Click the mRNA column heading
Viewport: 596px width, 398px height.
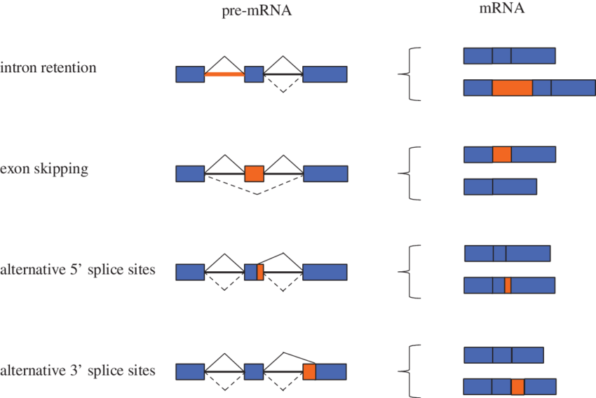click(502, 9)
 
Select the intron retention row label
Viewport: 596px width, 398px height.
click(48, 69)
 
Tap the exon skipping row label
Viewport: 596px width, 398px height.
click(44, 169)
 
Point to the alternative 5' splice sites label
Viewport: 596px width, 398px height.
click(78, 270)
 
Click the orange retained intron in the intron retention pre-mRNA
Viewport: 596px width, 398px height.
click(224, 74)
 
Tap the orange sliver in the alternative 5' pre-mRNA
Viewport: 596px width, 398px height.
click(260, 272)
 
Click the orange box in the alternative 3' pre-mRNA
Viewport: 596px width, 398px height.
click(309, 371)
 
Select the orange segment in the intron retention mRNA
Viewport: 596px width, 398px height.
click(512, 88)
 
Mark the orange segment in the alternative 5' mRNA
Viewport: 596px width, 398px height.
click(508, 285)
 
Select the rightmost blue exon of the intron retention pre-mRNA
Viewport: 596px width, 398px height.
click(325, 74)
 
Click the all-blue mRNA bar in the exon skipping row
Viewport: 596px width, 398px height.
click(500, 186)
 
